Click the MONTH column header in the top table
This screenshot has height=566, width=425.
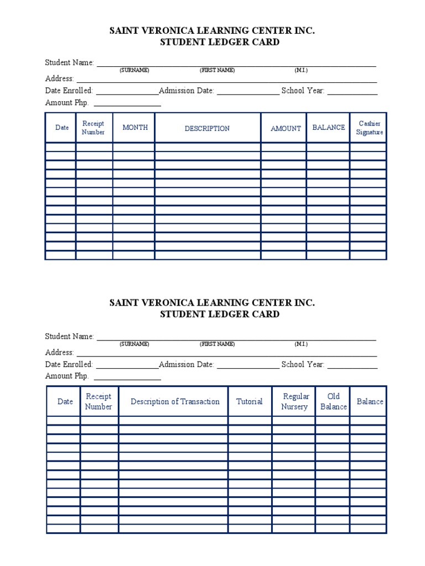point(135,128)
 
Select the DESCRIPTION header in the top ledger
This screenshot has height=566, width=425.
point(207,128)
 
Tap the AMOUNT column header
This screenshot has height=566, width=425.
point(286,128)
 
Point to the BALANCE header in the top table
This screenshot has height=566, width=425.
point(328,128)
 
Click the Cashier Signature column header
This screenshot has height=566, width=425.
point(369,128)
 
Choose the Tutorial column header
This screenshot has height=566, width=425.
point(249,402)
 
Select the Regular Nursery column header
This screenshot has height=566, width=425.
point(294,402)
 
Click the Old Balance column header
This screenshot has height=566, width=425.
point(333,402)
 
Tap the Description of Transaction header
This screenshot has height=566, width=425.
point(175,402)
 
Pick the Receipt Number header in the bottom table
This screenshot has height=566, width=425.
point(99,402)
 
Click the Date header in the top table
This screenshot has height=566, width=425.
point(62,128)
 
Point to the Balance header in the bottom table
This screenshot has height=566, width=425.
point(370,402)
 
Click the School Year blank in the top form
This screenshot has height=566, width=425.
point(353,92)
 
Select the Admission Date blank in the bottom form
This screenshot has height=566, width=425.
point(248,366)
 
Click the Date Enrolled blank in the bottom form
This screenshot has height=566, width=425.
point(127,366)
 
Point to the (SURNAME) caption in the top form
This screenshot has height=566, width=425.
point(134,70)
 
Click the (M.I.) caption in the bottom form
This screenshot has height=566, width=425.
point(301,344)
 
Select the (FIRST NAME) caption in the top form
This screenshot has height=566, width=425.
point(217,70)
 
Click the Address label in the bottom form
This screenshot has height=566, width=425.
point(59,353)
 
